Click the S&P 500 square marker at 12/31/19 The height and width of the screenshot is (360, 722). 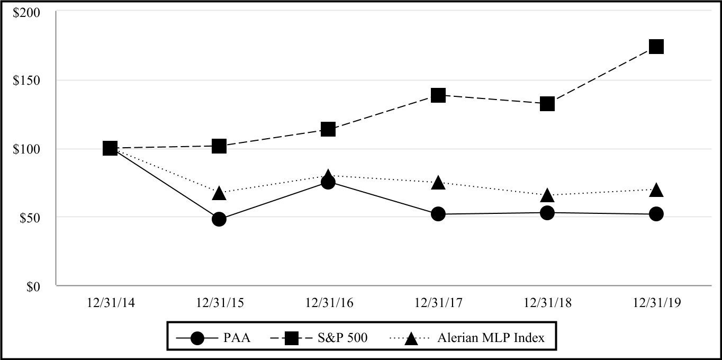pyautogui.click(x=656, y=47)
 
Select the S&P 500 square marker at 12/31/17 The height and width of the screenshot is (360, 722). pyautogui.click(x=438, y=95)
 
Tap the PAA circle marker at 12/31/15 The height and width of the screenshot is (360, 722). pyautogui.click(x=219, y=219)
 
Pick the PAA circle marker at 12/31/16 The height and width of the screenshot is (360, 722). pyautogui.click(x=328, y=182)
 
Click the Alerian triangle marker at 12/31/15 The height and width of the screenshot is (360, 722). pyautogui.click(x=219, y=193)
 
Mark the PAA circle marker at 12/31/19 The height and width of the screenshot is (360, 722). pyautogui.click(x=656, y=214)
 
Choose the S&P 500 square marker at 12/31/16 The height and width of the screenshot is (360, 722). pyautogui.click(x=328, y=129)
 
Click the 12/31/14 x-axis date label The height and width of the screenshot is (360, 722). pyautogui.click(x=110, y=303)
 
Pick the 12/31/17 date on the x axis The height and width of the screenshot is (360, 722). pyautogui.click(x=438, y=303)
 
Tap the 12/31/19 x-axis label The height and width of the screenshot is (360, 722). pyautogui.click(x=656, y=303)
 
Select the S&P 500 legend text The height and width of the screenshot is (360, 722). pyautogui.click(x=340, y=338)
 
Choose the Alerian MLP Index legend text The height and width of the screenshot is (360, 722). pyautogui.click(x=491, y=338)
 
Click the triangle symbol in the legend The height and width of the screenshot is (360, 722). pyautogui.click(x=411, y=338)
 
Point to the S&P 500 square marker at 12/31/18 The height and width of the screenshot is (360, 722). pyautogui.click(x=547, y=104)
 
